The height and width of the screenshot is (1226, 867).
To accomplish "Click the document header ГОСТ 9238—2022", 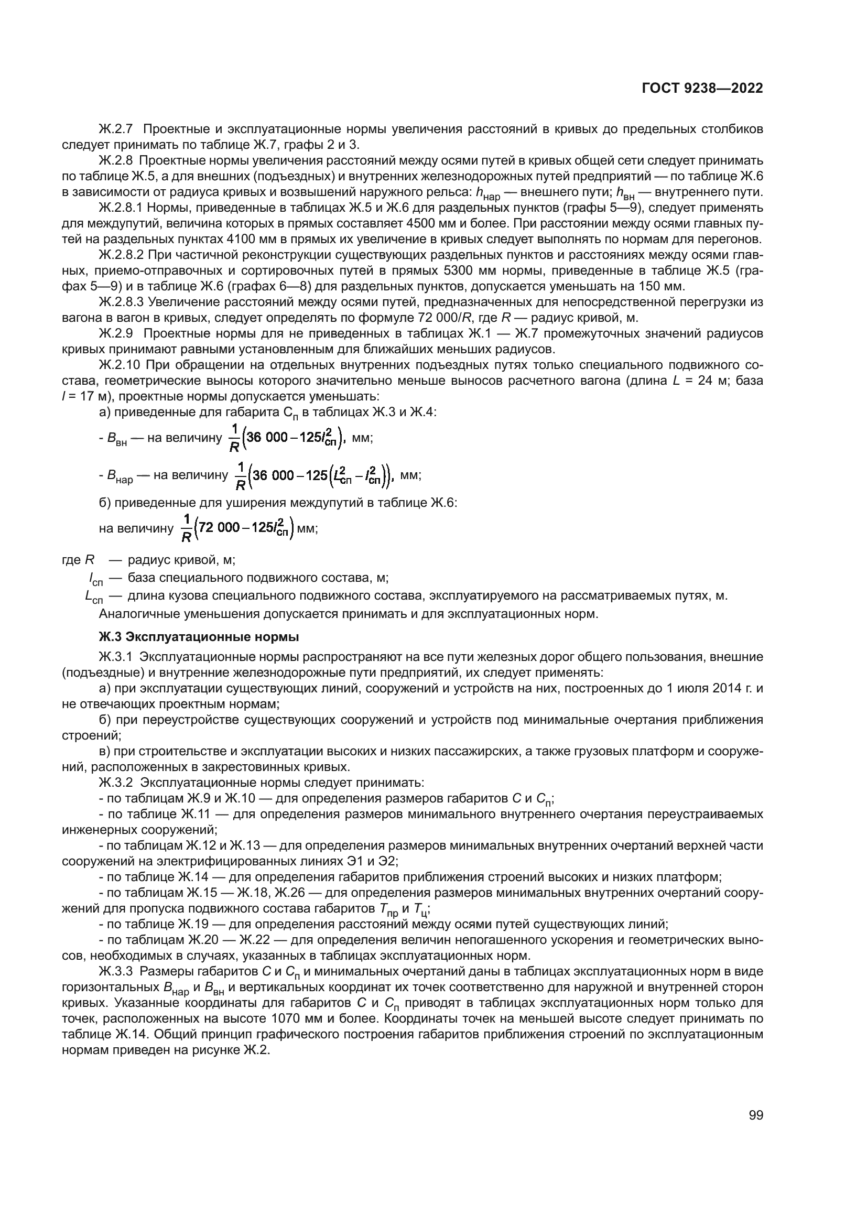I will coord(702,88).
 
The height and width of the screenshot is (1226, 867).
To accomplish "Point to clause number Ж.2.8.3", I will coord(122,302).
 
